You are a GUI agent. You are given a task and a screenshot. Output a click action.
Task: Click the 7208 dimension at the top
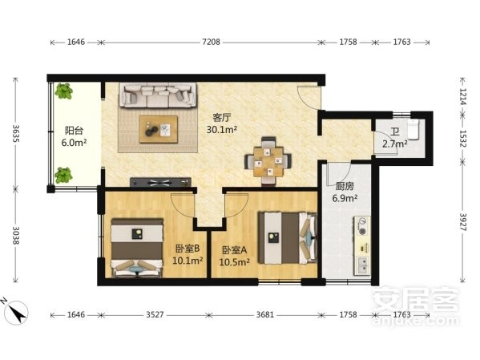pos(211,42)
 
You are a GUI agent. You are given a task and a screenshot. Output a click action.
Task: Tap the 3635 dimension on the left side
pos(15,133)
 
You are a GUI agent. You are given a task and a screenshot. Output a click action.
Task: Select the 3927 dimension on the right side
pos(462,222)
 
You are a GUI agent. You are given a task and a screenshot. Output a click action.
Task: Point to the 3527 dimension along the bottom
pos(155,314)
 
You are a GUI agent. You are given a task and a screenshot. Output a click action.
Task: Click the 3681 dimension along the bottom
pos(265,314)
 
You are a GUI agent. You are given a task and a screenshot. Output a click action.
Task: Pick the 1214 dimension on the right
pos(462,96)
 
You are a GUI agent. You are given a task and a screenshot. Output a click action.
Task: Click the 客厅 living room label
pos(222,118)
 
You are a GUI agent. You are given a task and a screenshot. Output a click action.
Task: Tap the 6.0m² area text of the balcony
pos(74,143)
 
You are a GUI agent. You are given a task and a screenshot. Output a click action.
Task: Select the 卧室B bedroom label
pos(188,249)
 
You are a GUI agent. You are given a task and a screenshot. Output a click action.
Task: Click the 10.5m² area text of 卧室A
pos(234,262)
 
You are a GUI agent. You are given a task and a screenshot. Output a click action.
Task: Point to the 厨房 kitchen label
pos(345,186)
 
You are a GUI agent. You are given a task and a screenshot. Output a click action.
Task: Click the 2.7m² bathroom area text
pos(394,144)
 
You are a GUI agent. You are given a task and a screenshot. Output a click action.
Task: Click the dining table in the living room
pos(268,161)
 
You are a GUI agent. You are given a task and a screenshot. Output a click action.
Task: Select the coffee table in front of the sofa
pos(159,129)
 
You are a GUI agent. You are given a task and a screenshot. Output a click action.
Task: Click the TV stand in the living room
pos(161,182)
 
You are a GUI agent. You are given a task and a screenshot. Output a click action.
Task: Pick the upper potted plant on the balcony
pos(63,91)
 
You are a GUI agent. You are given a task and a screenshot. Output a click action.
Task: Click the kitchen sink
pos(362,265)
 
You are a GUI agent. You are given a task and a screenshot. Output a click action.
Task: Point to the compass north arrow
pos(18,312)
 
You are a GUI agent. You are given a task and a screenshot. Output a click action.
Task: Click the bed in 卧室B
pos(136,248)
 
